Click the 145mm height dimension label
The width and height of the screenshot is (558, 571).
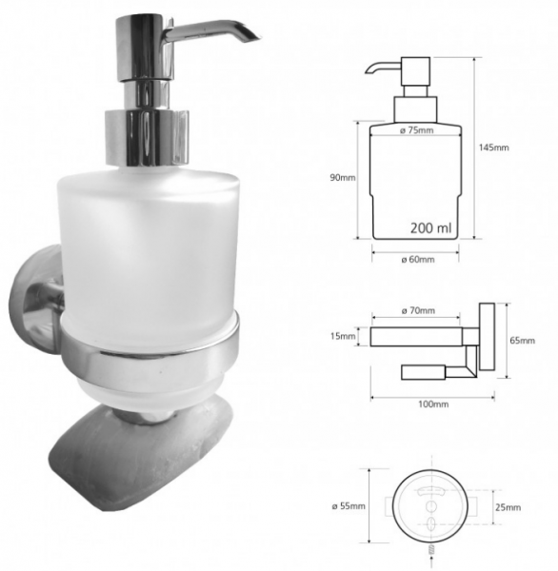[494, 148]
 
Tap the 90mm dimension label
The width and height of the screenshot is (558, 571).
[343, 178]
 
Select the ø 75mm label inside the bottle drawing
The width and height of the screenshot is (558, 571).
[416, 130]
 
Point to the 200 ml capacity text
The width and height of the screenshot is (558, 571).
[430, 228]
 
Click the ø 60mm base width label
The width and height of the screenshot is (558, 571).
[418, 260]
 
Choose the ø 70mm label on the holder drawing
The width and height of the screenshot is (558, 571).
[418, 310]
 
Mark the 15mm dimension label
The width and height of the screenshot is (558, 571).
[343, 336]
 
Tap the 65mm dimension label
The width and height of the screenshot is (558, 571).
[522, 341]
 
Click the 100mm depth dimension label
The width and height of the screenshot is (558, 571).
[433, 404]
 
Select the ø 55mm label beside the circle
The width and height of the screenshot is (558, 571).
[349, 506]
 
